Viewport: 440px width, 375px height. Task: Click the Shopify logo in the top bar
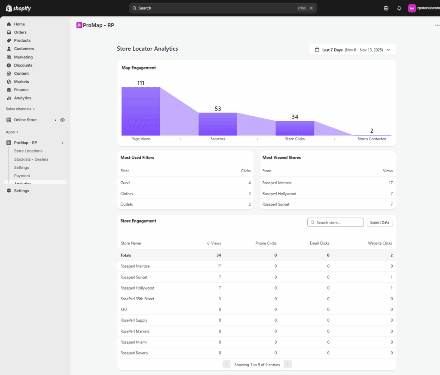[x=18, y=8]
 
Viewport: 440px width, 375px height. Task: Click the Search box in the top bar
[x=223, y=8]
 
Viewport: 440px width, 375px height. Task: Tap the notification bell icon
[x=399, y=9]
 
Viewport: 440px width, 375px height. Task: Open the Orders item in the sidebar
[x=20, y=32]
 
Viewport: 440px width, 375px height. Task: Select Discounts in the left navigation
[x=23, y=65]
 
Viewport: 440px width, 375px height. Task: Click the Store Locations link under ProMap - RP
[x=28, y=151]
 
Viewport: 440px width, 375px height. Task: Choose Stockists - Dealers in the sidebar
[x=31, y=159]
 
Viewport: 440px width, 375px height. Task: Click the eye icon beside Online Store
[x=62, y=120]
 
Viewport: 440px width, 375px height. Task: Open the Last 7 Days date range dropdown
[x=352, y=50]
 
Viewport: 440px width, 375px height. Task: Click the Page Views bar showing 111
[x=141, y=111]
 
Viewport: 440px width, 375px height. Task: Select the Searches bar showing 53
[x=218, y=124]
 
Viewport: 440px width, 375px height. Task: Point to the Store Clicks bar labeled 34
[x=295, y=128]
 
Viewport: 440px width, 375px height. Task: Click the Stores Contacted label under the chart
[x=372, y=139]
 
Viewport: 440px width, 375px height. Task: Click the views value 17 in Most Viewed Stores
[x=390, y=183]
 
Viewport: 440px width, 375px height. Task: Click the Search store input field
[x=335, y=223]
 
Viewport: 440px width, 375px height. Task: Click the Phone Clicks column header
[x=266, y=243]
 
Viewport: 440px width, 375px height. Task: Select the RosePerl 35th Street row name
[x=137, y=299]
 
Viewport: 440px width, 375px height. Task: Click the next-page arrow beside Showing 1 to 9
[x=287, y=364]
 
